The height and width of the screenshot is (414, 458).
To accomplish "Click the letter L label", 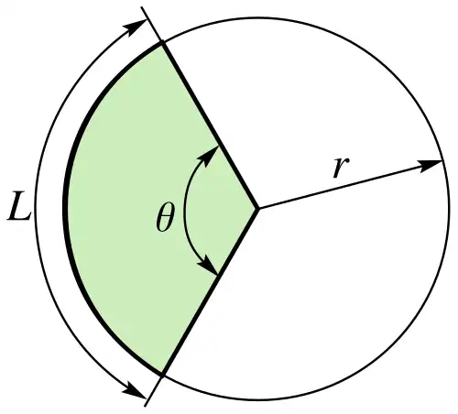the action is [19, 209].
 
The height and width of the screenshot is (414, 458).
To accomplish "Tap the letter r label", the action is [341, 167].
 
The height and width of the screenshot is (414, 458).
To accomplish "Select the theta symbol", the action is [165, 217].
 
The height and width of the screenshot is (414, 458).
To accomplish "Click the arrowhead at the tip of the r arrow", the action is [431, 165].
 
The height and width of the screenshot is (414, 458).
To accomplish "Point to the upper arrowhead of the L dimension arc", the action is [136, 27].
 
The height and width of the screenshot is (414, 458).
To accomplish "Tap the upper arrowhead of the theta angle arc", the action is [209, 156].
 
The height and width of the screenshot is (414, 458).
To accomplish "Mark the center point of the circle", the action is [258, 209].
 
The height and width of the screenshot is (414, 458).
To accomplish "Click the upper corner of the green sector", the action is [162, 43].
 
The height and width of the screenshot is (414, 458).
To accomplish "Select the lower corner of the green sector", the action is [162, 374].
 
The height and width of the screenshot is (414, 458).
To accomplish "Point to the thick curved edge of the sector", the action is [65, 209].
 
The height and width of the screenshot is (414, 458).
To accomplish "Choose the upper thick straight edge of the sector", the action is [210, 126].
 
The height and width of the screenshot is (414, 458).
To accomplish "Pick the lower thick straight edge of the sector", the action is [210, 291].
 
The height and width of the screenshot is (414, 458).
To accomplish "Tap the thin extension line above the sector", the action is [151, 25].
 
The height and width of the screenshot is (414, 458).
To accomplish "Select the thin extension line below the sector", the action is [153, 390].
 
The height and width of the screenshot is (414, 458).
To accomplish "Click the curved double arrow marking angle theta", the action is [185, 211].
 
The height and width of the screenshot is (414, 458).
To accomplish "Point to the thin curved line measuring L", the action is [36, 209].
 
